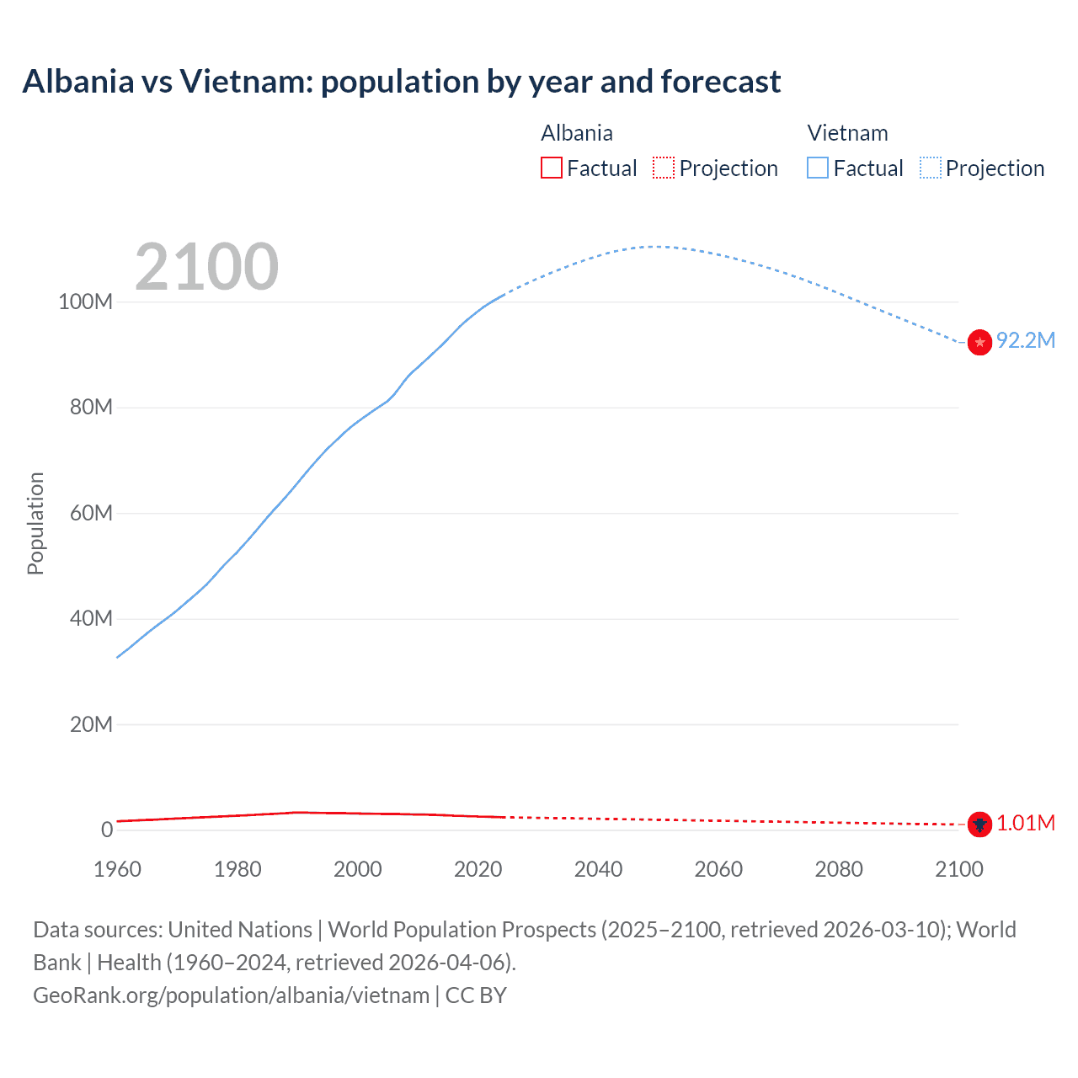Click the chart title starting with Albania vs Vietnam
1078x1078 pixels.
point(402,82)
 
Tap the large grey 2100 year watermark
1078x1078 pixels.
point(206,267)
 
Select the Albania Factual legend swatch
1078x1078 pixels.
point(551,168)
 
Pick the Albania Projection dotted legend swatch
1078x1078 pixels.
point(664,168)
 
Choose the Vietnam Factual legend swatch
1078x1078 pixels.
point(818,168)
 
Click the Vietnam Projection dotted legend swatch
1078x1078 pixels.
point(930,168)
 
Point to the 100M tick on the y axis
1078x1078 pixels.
point(85,302)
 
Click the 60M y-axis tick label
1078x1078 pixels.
point(90,513)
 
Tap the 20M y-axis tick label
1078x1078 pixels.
point(90,724)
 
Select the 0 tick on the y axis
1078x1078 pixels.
point(107,830)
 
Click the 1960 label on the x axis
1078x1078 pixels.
point(117,869)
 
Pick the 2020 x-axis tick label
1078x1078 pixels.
point(478,869)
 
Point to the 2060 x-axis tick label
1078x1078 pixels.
point(718,869)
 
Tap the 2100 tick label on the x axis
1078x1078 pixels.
point(958,869)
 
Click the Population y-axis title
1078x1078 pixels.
point(35,523)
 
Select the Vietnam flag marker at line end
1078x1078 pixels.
point(979,342)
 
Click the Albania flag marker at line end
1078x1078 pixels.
point(979,825)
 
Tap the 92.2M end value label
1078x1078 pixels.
point(1025,340)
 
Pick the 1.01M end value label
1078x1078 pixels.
point(1025,823)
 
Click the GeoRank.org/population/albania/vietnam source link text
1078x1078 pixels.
point(232,995)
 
